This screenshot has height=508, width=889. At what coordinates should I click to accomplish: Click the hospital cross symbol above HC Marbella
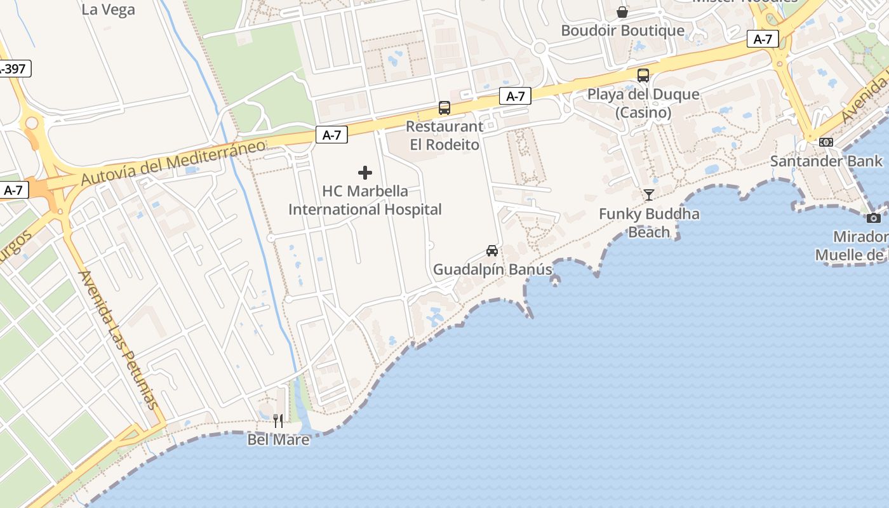[365, 173]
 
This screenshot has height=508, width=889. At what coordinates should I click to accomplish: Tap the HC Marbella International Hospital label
[365, 200]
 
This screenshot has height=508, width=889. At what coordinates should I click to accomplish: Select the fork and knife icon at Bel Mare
[278, 420]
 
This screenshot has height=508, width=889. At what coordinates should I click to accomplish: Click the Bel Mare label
[278, 439]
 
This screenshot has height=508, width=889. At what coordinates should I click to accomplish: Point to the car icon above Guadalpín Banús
[492, 251]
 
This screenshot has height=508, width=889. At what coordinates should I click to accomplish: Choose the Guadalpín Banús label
[493, 269]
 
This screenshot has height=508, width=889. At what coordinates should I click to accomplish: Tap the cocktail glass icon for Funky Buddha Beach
[649, 195]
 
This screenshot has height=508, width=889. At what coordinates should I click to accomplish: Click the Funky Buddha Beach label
[649, 223]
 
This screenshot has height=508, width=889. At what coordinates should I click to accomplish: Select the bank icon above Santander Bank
[826, 142]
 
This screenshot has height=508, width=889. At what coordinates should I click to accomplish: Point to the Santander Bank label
[826, 161]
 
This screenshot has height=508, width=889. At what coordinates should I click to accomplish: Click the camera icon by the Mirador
[874, 218]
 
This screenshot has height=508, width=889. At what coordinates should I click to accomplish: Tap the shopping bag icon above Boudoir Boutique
[622, 12]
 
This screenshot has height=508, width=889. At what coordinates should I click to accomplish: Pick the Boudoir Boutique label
[622, 30]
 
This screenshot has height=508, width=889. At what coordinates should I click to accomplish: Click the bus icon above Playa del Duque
[643, 76]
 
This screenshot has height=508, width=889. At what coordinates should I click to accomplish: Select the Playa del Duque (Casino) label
[643, 104]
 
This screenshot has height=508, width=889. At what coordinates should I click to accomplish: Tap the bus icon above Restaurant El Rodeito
[444, 108]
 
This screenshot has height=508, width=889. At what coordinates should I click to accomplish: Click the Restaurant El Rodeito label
[444, 135]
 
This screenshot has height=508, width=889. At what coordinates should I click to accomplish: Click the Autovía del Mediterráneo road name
[173, 162]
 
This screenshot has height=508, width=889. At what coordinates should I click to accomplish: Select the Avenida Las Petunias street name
[118, 340]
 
